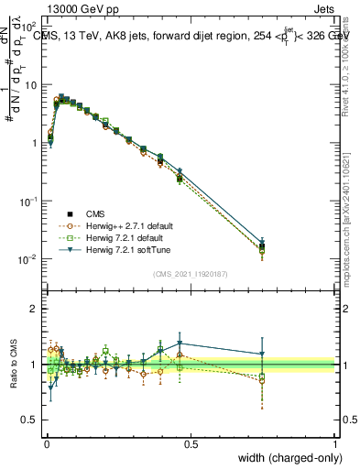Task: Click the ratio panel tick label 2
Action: (x=33, y=309)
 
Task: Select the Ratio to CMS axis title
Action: (x=13, y=365)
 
